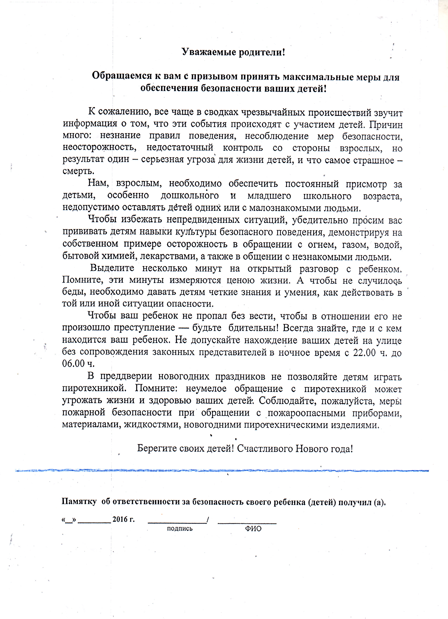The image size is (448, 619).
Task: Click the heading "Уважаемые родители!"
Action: [x=233, y=52]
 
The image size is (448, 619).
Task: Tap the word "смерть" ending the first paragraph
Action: [x=78, y=171]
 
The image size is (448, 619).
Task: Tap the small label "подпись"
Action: [x=179, y=528]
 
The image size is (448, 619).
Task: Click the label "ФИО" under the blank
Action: [x=253, y=529]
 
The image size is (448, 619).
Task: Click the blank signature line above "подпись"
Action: [x=177, y=523]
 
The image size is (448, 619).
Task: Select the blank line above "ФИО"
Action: [x=247, y=523]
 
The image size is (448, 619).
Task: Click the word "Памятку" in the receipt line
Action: [x=79, y=501]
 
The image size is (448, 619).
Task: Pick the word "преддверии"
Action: [x=126, y=376]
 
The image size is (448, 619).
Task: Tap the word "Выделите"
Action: [x=112, y=268]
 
